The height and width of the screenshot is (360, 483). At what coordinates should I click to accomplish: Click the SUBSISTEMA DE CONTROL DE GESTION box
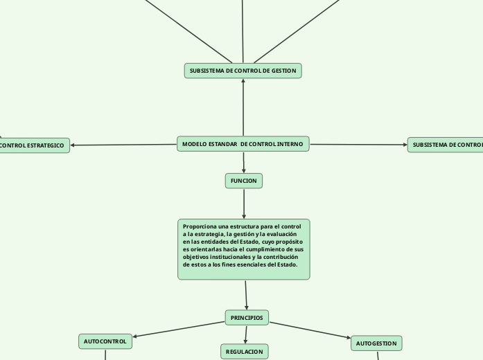click(243, 71)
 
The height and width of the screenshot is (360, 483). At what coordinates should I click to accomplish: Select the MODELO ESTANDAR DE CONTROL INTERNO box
click(243, 144)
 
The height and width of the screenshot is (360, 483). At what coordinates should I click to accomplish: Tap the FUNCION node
click(244, 181)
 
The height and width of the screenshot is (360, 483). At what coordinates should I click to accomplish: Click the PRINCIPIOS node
click(247, 318)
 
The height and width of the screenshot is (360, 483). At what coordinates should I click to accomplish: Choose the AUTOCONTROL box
click(105, 341)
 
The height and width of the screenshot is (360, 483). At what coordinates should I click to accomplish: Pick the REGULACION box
click(245, 352)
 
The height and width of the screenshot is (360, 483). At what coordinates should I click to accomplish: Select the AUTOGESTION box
click(376, 343)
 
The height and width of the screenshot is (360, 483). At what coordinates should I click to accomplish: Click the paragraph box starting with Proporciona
click(243, 249)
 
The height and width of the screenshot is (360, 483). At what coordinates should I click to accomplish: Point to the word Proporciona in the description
click(200, 226)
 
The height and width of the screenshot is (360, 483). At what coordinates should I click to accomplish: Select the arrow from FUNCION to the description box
click(244, 204)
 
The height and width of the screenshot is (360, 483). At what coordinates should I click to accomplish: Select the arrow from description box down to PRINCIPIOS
click(246, 295)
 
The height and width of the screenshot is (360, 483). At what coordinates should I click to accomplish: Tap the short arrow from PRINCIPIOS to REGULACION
click(246, 334)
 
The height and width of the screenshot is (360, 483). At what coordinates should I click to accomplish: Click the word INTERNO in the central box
click(290, 144)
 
